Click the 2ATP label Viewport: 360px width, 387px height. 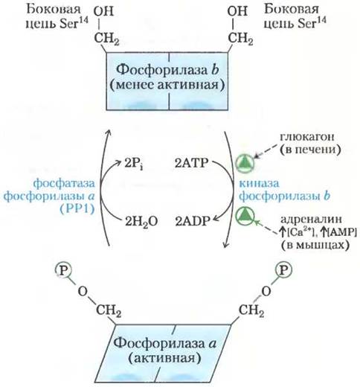192,163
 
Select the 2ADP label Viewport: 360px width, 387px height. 193,221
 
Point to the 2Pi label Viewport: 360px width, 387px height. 133,164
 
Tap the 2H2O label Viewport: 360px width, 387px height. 141,222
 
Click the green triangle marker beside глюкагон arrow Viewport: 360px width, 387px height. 245,163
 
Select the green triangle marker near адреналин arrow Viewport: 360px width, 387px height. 245,216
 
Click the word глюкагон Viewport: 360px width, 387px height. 307,137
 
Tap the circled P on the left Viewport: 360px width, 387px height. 63,270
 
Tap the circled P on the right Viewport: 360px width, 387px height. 283,270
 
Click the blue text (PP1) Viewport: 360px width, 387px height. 77,209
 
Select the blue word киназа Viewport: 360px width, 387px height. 259,184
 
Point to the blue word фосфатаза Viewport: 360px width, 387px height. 64,184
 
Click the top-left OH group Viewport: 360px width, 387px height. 103,11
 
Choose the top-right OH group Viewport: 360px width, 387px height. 237,11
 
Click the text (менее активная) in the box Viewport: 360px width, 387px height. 167,85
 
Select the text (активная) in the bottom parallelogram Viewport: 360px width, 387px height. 164,358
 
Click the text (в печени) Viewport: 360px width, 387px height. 310,150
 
